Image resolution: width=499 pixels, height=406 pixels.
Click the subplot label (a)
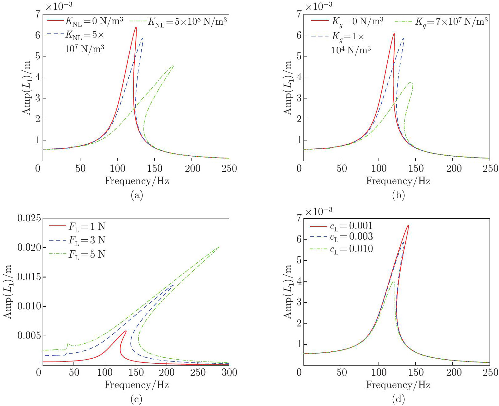click(137, 196)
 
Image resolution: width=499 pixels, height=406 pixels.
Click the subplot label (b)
click(398, 196)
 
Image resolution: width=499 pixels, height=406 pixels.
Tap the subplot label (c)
click(137, 400)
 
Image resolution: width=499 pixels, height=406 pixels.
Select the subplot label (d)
click(398, 400)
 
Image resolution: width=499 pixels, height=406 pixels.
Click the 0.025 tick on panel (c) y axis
click(29, 218)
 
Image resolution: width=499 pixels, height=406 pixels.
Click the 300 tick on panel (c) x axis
click(229, 373)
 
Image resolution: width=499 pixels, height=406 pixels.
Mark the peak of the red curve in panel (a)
click(136, 27)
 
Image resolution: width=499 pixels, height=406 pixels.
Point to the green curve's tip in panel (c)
click(219, 247)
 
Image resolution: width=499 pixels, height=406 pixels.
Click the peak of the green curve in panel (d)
click(393, 282)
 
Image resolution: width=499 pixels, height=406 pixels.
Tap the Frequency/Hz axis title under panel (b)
click(398, 181)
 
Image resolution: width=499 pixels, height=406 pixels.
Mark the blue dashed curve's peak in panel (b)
click(403, 38)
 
